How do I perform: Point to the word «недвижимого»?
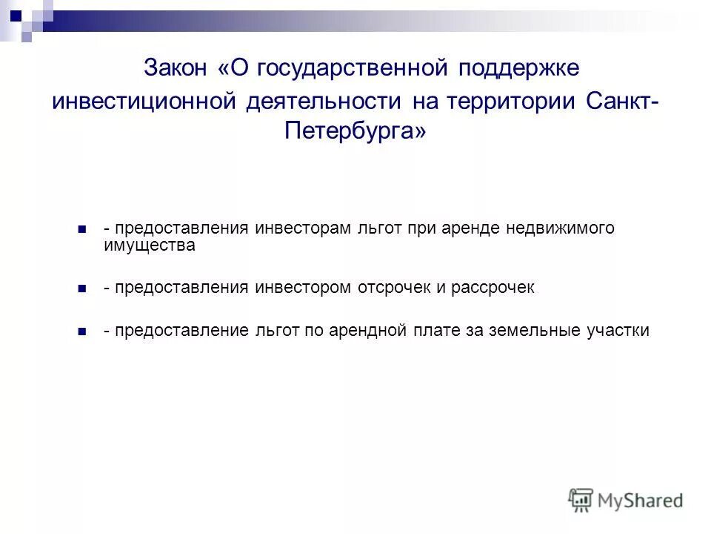[560, 228]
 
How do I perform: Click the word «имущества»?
[150, 245]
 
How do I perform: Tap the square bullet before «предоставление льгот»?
[82, 332]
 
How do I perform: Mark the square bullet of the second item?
[82, 288]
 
